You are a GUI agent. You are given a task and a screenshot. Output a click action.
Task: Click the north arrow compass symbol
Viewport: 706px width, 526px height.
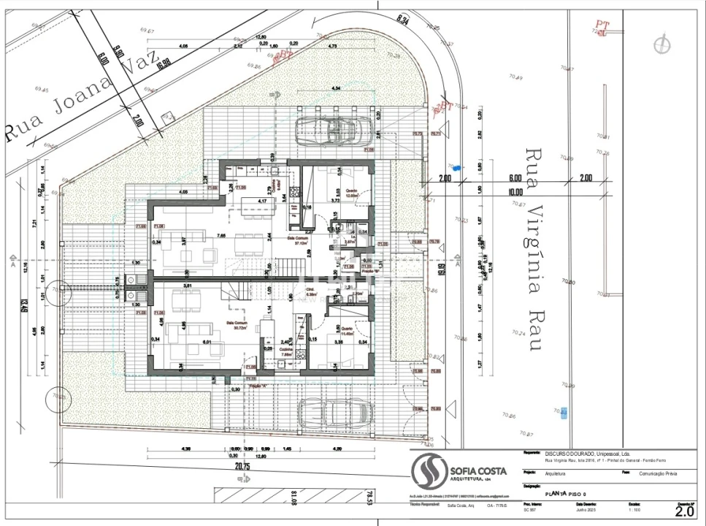point(661,45)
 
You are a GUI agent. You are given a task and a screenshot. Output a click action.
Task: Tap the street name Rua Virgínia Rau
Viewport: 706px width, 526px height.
point(535,249)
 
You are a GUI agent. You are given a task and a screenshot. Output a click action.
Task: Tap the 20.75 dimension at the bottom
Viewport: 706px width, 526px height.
point(243,466)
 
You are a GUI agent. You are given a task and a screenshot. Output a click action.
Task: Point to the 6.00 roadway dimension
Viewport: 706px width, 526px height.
point(515,178)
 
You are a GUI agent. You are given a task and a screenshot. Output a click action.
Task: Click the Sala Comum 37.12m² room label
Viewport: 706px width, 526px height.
point(299,242)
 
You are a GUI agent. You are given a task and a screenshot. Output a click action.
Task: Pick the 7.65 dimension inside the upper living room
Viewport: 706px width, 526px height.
point(220,235)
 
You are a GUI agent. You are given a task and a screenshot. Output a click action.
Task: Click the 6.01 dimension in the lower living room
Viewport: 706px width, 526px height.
point(207,341)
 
